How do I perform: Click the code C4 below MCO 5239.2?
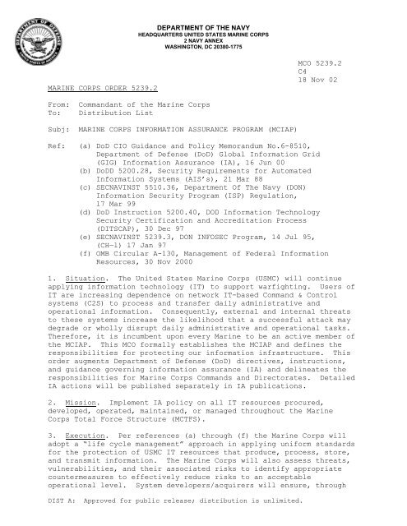tap(303, 71)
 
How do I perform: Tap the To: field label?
tap(37, 117)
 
